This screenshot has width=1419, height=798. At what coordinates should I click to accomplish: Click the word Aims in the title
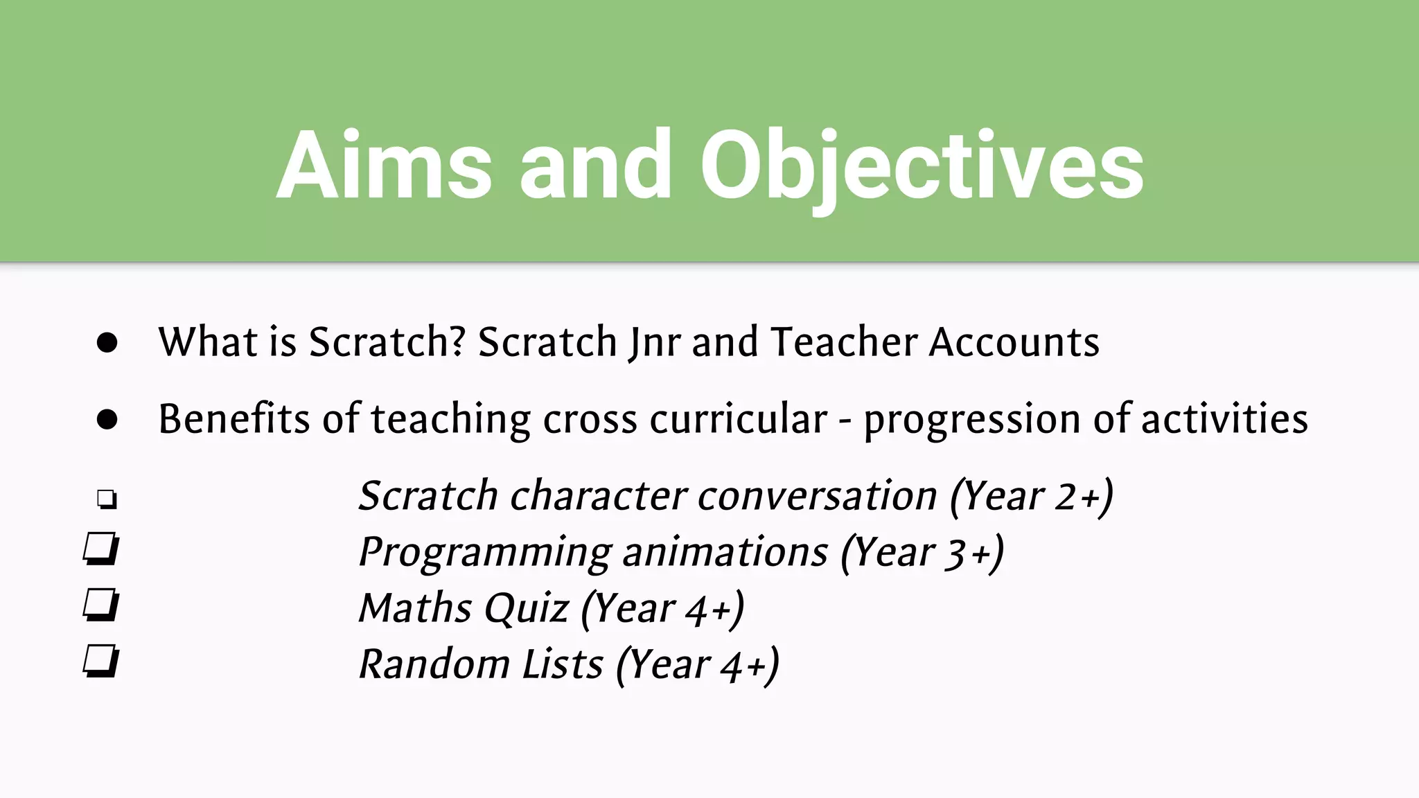385,166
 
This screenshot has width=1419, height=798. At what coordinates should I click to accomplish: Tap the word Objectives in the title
922,166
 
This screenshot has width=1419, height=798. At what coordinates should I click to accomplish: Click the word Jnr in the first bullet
655,342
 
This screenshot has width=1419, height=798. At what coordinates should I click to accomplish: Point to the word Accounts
1014,342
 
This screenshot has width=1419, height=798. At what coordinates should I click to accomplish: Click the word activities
1224,419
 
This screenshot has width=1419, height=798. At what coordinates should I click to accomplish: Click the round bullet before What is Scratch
107,342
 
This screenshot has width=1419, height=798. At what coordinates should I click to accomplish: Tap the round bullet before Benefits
107,419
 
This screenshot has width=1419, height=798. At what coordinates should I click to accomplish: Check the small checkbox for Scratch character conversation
107,499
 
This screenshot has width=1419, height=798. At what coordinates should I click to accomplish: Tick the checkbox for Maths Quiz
101,605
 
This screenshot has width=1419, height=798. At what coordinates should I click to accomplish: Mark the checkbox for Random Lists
101,661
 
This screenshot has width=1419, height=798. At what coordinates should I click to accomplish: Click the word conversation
818,496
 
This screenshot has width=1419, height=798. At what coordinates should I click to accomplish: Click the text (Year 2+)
1032,496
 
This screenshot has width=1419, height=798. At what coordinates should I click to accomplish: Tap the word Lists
563,664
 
